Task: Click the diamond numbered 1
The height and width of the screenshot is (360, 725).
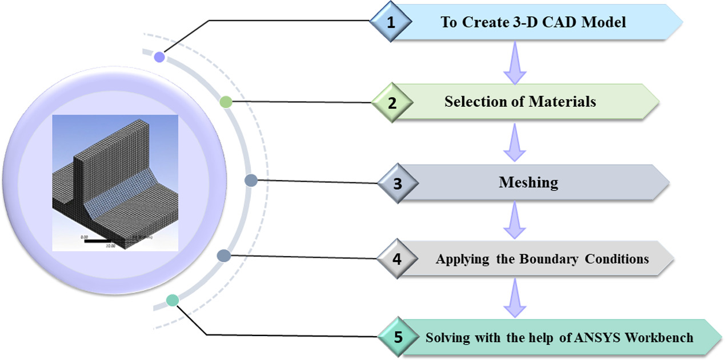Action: (x=391, y=23)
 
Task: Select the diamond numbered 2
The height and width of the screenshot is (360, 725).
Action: (x=391, y=103)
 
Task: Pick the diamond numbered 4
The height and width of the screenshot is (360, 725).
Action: (x=397, y=258)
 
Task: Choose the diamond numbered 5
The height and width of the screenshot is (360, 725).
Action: (x=398, y=337)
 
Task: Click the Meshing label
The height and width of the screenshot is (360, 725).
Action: (x=528, y=182)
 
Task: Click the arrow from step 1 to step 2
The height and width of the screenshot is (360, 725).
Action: (x=514, y=63)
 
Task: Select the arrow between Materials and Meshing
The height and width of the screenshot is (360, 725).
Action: (x=514, y=142)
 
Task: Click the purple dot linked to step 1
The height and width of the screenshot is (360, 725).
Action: (x=159, y=57)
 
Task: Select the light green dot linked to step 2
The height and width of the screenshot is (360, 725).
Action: (x=226, y=102)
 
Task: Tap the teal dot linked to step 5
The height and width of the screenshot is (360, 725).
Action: (x=173, y=300)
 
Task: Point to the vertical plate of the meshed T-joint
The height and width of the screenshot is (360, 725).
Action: (x=114, y=163)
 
